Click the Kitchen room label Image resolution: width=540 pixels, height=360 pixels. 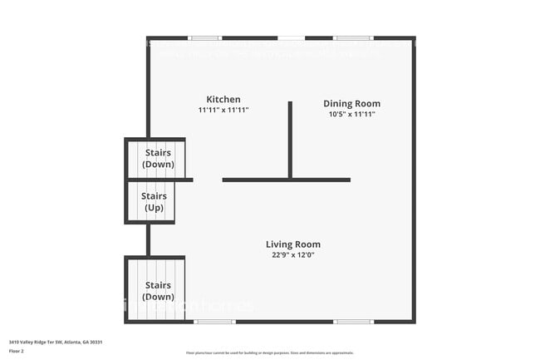pos(223,98)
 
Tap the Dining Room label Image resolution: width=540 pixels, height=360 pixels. pos(351,104)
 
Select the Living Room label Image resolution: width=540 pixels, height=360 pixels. pos(292,244)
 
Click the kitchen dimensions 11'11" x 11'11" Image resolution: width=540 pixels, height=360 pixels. pos(223,110)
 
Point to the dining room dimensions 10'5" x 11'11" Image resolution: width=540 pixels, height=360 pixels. pos(351,115)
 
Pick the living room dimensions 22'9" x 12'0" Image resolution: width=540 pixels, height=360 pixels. pos(292,255)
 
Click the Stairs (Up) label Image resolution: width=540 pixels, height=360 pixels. pos(154,202)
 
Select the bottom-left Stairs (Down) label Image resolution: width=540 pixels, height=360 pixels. pos(158,291)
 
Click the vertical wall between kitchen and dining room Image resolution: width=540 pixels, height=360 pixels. pos(290,139)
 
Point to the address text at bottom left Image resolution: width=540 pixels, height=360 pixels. pos(56,342)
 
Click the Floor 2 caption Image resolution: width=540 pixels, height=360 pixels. pos(17,351)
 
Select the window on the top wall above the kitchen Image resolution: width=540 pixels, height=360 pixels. pos(204,38)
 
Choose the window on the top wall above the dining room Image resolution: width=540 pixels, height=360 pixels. pos(352,38)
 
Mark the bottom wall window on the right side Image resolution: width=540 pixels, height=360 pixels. pos(353,322)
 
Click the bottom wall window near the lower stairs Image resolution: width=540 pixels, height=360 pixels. pos(214,322)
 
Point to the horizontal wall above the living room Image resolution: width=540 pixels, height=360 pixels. pos(286,180)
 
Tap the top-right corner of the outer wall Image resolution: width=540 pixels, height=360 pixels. pos(413,38)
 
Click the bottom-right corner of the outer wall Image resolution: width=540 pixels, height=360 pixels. pos(413,321)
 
